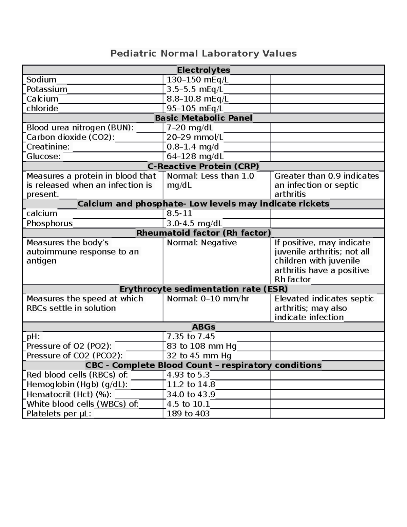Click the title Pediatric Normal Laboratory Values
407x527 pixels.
[203, 53]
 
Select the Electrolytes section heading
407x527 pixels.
[203, 70]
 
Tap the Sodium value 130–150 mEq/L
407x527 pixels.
[197, 80]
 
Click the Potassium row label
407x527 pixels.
[47, 89]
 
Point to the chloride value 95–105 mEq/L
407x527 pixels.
[195, 108]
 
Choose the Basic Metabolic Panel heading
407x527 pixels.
[203, 118]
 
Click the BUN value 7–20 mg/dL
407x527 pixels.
[190, 128]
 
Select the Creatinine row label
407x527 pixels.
[48, 147]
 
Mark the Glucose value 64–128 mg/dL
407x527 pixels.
[195, 156]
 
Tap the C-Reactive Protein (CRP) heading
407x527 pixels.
[203, 166]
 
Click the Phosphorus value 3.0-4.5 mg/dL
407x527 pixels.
[194, 223]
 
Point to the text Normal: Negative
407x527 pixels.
[201, 243]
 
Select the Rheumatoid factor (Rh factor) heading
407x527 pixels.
[203, 233]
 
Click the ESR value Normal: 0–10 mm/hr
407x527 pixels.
[208, 299]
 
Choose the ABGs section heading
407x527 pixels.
[203, 327]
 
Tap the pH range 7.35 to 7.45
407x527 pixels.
[191, 336]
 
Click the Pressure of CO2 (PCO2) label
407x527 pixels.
[75, 356]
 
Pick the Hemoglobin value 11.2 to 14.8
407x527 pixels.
[191, 384]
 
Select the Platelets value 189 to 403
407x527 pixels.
[188, 414]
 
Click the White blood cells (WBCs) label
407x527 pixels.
[82, 404]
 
